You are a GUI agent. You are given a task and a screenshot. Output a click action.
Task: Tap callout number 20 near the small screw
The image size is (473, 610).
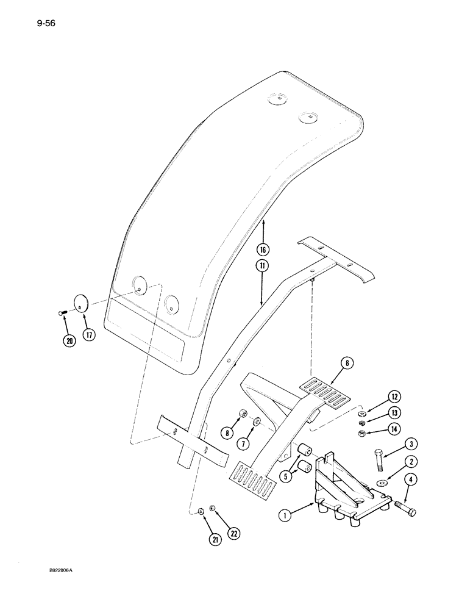[x=69, y=340]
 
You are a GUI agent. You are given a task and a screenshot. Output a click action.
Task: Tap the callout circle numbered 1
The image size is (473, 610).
[x=283, y=515]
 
